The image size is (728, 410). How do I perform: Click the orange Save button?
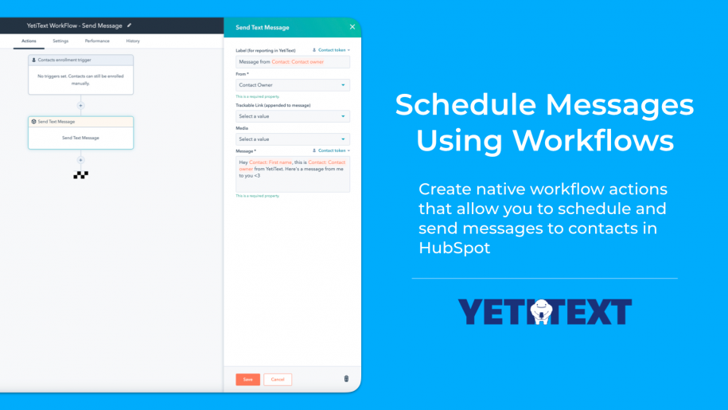tap(247, 379)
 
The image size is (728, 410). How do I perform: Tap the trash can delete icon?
tap(346, 379)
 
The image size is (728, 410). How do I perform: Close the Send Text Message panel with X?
tap(352, 27)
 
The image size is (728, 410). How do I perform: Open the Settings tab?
tap(60, 41)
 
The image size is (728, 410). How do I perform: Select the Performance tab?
tap(97, 41)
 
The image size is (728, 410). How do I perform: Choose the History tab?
tap(133, 41)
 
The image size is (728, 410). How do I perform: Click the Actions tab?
tap(29, 41)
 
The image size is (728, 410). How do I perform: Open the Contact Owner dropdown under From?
tap(293, 85)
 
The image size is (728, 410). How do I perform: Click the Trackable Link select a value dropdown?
tap(293, 116)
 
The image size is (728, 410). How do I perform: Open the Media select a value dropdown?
tap(293, 139)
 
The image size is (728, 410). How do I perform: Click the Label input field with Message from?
tap(293, 62)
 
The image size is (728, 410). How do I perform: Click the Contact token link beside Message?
tap(332, 150)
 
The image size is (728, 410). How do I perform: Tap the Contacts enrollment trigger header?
tap(80, 60)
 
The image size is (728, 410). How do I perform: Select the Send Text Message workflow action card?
tap(80, 133)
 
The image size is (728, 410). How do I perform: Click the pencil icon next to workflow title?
tap(129, 25)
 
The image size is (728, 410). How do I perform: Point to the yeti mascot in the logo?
tap(541, 311)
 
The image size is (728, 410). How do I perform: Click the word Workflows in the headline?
tap(593, 140)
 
